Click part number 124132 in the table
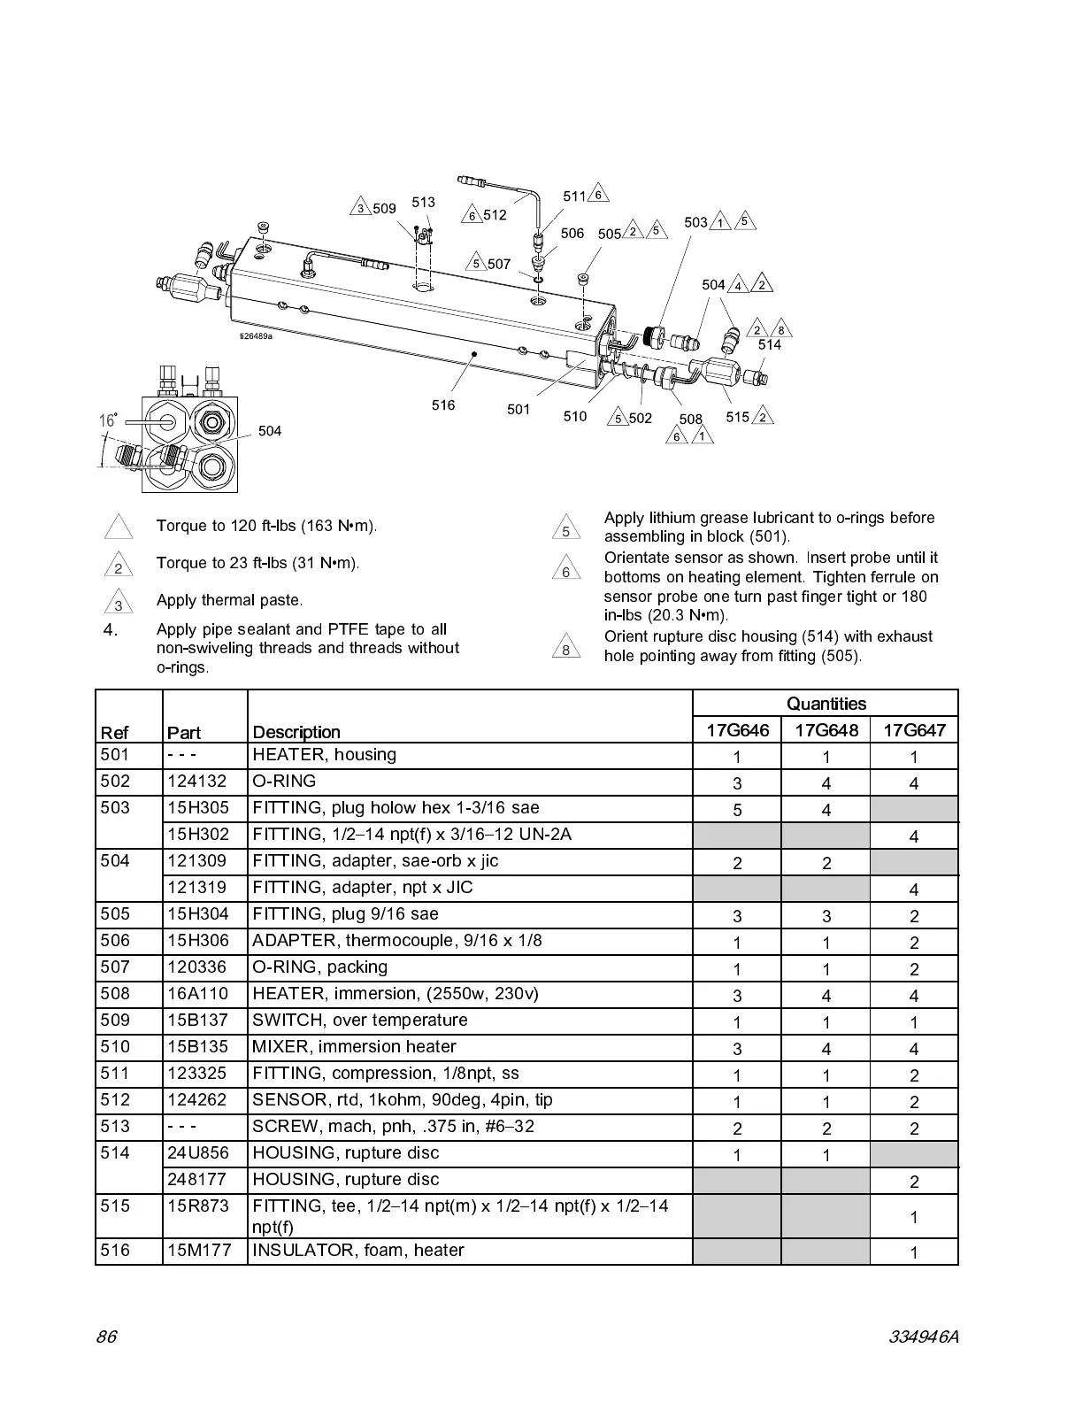[196, 782]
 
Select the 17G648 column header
[826, 730]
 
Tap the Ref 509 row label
[115, 1021]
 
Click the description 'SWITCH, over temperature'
[359, 1021]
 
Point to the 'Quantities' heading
[826, 704]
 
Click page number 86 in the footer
[106, 1337]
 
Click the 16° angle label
[108, 420]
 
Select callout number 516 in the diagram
[443, 405]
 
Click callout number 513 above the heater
[423, 203]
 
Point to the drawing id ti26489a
[256, 335]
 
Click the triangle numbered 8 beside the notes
[565, 649]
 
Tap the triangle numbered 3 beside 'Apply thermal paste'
[118, 603]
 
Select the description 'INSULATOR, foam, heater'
[357, 1251]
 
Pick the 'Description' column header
[296, 732]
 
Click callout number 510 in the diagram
[574, 416]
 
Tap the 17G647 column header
[914, 730]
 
